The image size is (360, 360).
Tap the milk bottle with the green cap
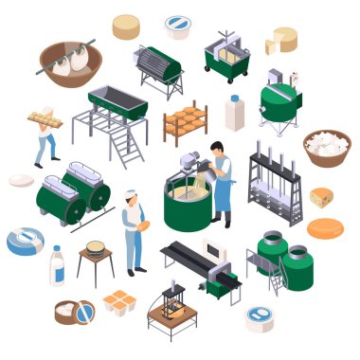point(234,113)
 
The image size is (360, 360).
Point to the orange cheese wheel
point(326,228)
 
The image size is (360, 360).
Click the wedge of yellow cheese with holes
point(321,198)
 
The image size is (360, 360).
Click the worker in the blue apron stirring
point(220,179)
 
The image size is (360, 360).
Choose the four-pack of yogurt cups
point(121,302)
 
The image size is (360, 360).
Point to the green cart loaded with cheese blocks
point(227,57)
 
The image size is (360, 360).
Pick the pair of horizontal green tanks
point(72,192)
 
